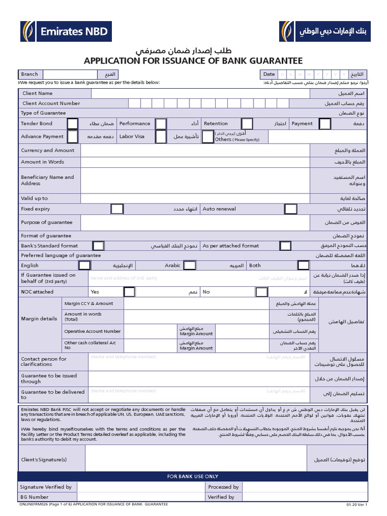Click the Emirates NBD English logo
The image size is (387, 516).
66,31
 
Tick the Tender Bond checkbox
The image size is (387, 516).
73,123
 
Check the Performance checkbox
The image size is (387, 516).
161,123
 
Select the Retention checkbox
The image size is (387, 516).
247,123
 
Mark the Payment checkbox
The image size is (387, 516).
325,123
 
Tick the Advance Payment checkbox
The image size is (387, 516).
73,137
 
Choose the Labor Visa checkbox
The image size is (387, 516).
161,137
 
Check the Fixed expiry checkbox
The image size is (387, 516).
117,209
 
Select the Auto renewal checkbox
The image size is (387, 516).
290,209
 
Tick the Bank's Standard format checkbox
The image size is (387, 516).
98,245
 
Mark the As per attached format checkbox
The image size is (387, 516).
285,245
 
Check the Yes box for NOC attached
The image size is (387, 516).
129,292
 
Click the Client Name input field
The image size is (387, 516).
200,93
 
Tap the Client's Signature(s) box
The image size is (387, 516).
196,458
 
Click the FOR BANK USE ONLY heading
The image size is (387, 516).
193,476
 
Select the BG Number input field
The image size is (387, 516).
141,497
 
